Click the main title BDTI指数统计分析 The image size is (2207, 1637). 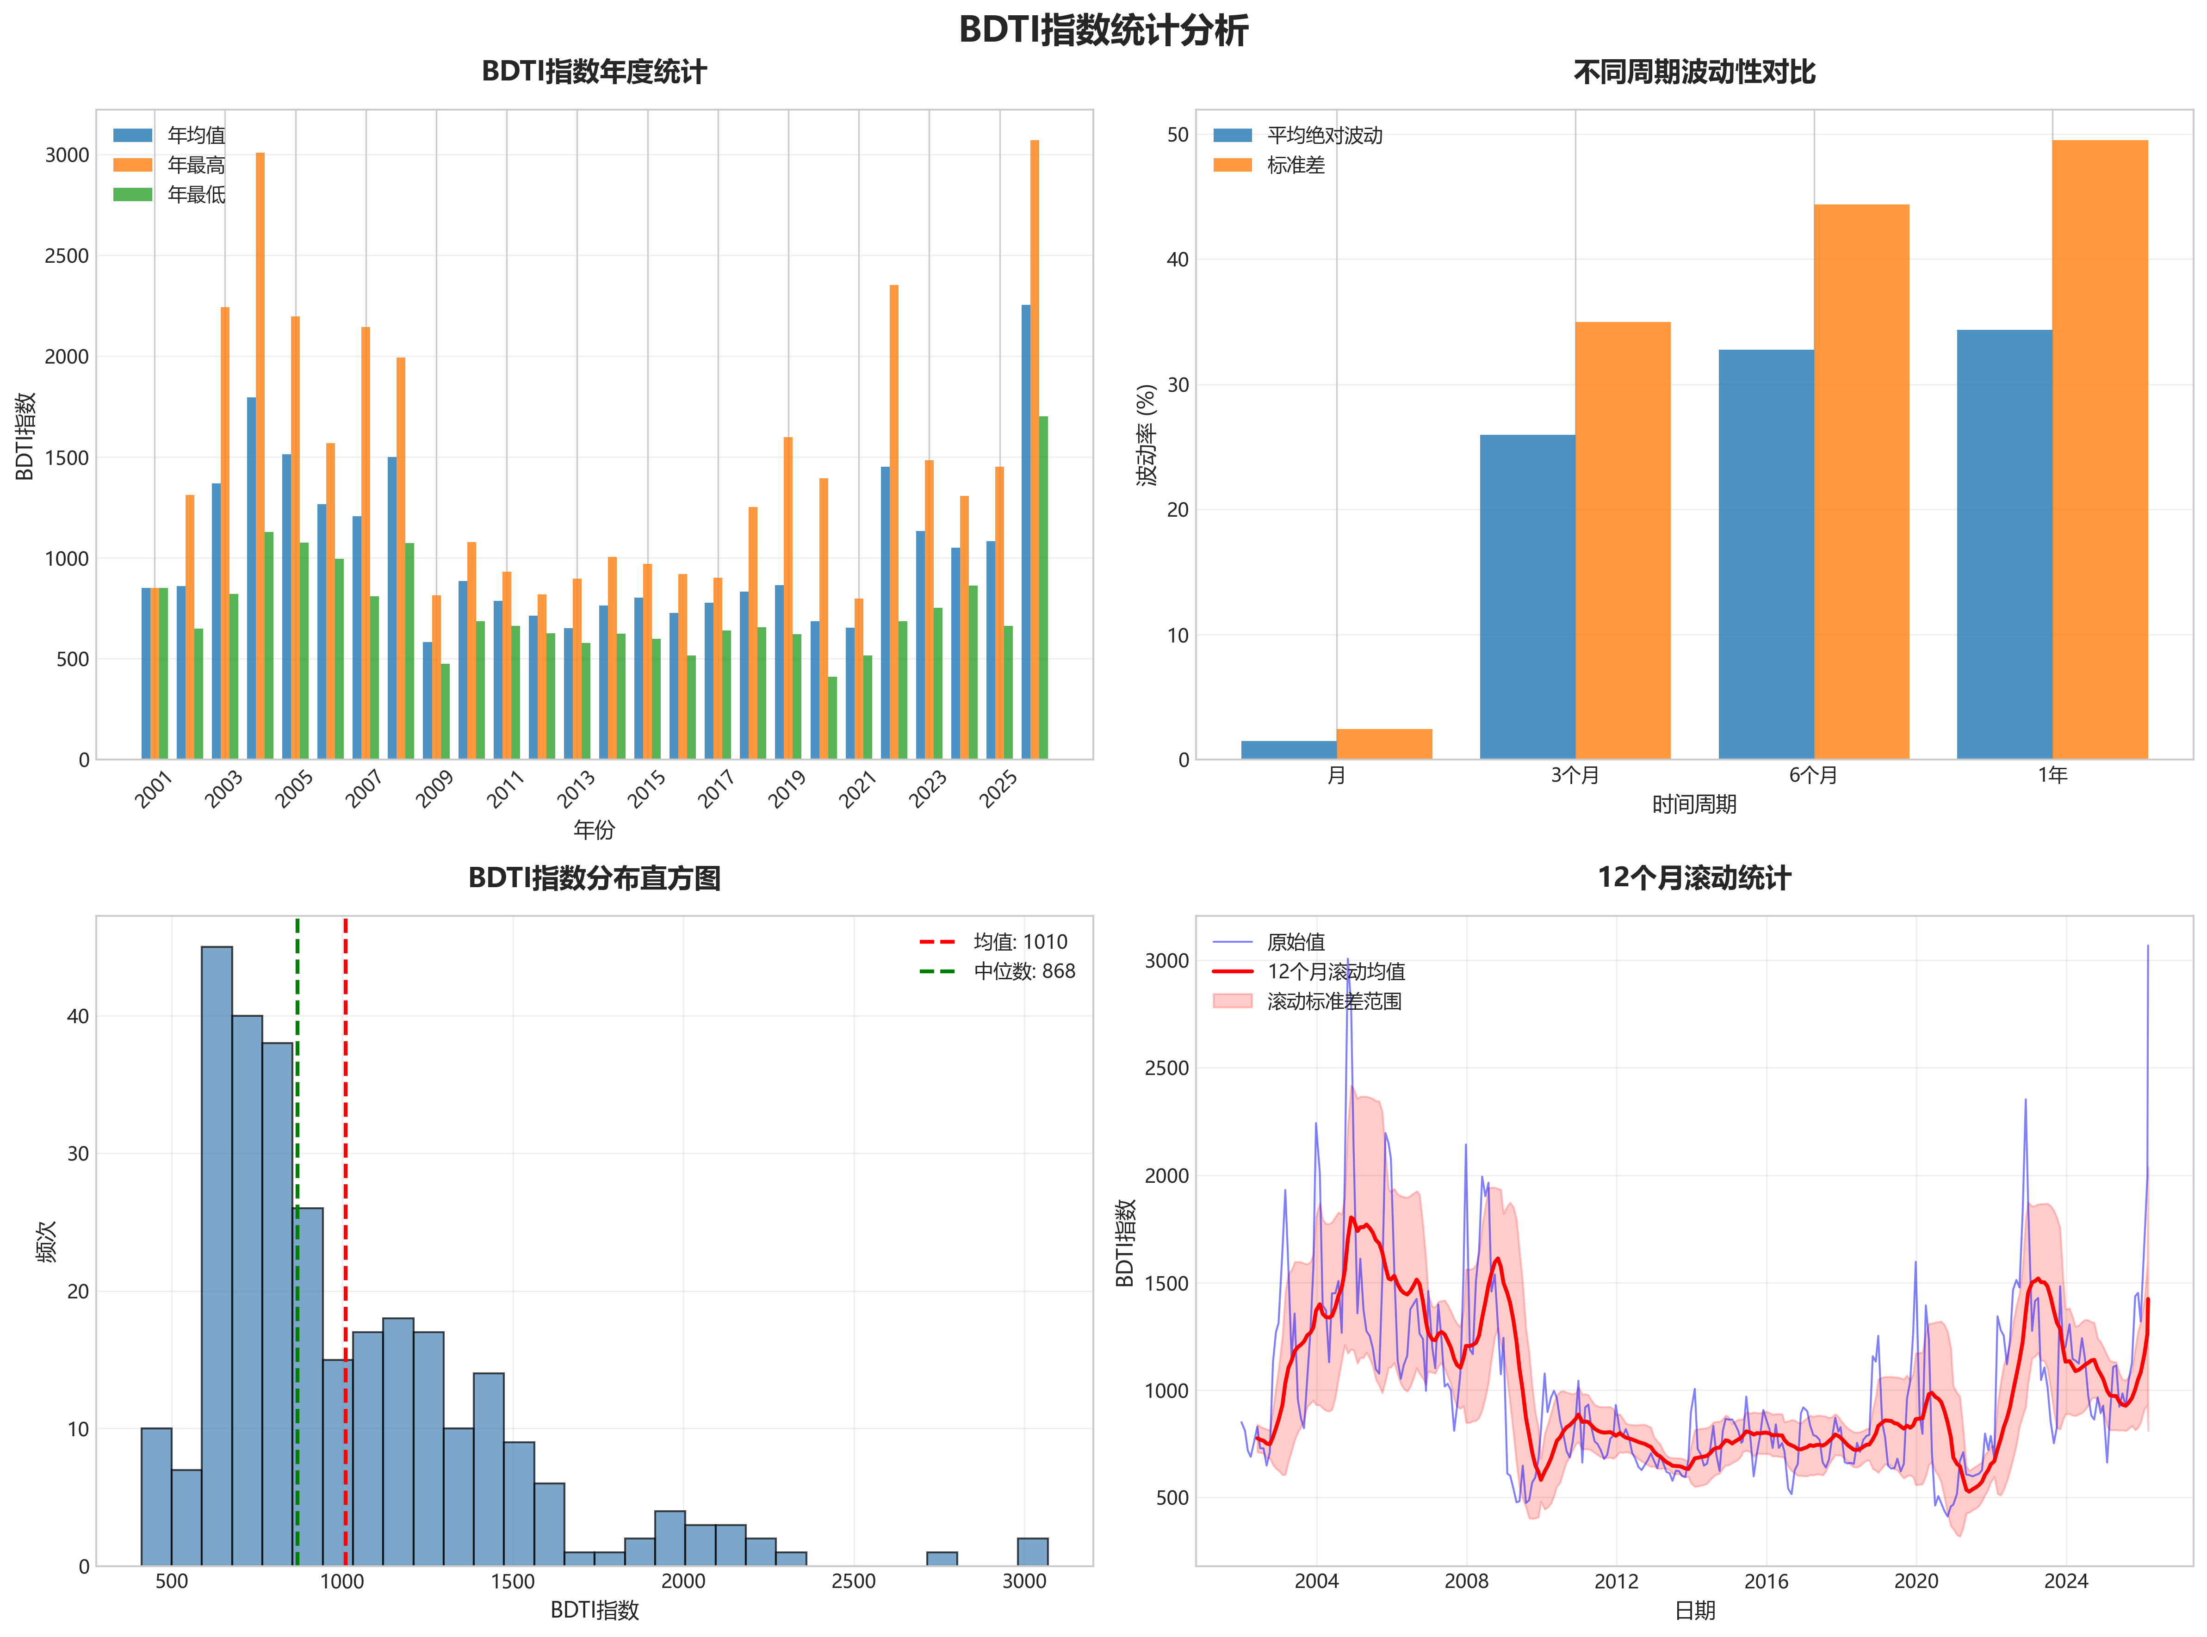click(1103, 30)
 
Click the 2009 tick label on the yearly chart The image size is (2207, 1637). click(434, 790)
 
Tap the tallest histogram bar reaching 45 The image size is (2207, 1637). click(217, 1255)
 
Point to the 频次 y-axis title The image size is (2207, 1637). click(47, 1241)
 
